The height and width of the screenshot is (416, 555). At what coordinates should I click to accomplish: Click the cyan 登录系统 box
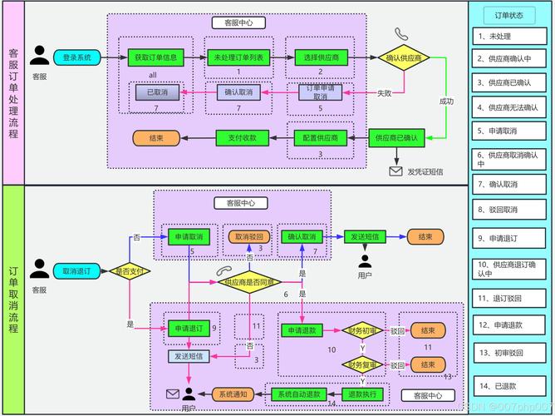[77, 57]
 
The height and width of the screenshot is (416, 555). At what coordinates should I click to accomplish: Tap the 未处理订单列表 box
[238, 57]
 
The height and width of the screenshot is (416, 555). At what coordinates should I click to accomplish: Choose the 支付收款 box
[242, 136]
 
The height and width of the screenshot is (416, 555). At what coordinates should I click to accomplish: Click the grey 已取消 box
[157, 92]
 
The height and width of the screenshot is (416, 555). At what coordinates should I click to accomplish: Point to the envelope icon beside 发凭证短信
[395, 171]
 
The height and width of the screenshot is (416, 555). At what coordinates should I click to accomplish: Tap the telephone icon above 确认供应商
[402, 34]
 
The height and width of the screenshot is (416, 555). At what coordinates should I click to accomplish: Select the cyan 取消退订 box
[77, 270]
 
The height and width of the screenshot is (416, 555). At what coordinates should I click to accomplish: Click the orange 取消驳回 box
[248, 236]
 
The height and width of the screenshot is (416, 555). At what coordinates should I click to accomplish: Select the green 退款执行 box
[362, 393]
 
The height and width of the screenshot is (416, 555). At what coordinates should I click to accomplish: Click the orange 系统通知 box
[233, 393]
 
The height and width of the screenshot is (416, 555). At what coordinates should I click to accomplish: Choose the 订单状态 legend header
[508, 15]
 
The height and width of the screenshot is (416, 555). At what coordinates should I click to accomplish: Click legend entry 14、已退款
[508, 385]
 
